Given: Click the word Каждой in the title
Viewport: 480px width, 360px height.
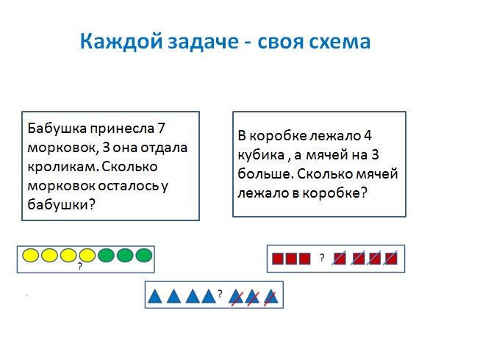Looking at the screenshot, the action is (x=121, y=41).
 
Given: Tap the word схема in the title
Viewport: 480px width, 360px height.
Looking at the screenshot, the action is (x=340, y=42).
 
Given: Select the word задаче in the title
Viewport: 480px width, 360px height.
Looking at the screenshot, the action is (x=203, y=42).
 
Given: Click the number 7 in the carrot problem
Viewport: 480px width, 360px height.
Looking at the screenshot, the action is (x=161, y=128).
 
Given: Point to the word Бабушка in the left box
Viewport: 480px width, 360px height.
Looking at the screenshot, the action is (x=57, y=128).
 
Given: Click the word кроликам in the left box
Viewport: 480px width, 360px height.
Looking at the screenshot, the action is (x=62, y=167).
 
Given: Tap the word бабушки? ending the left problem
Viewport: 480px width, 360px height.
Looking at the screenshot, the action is (x=61, y=205).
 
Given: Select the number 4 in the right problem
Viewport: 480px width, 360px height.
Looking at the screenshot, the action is (x=368, y=135).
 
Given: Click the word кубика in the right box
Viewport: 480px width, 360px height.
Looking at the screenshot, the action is (x=261, y=155).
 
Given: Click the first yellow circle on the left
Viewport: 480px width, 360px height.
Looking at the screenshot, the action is (x=30, y=256).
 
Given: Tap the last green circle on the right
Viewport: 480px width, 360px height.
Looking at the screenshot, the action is (x=144, y=256).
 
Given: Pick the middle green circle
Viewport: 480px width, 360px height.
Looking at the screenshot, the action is (x=125, y=256).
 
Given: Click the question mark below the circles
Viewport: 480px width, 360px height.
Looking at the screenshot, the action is (x=80, y=267).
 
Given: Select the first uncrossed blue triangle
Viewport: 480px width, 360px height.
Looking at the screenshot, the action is (x=154, y=296).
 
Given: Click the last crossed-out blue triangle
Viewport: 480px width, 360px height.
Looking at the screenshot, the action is (x=271, y=296).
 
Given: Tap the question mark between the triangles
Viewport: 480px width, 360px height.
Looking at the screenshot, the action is (x=220, y=294).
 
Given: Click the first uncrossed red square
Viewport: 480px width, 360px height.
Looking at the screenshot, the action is (x=278, y=259).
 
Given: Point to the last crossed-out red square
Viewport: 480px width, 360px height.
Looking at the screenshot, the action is (x=391, y=259).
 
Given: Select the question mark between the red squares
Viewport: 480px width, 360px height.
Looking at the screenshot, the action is (x=322, y=258).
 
